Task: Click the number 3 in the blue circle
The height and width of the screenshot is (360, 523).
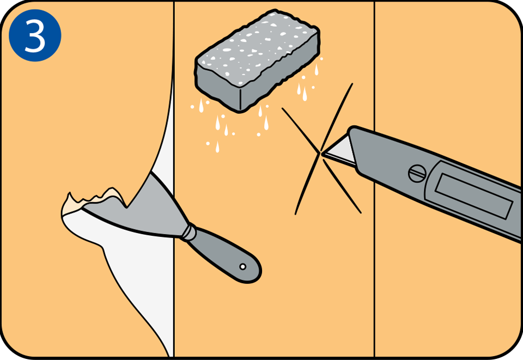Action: (35, 36)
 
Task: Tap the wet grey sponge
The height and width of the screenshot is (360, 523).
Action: (257, 60)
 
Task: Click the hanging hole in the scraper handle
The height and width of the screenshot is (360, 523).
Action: (243, 267)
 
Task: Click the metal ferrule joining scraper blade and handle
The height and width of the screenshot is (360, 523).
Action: (189, 232)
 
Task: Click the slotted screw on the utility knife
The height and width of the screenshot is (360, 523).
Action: (417, 173)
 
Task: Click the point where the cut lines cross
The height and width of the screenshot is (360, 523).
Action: (320, 154)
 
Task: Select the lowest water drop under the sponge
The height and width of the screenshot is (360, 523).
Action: (217, 147)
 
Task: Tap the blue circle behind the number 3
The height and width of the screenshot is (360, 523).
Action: (35, 35)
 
